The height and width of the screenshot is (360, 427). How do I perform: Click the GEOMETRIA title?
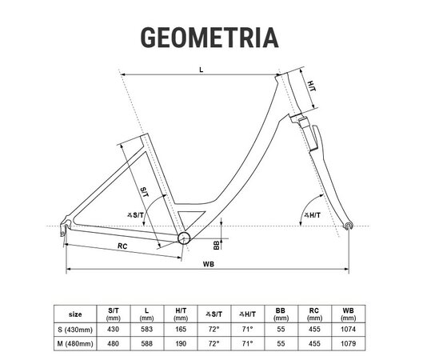coord(210,38)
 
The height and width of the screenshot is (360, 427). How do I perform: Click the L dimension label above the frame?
coord(202,70)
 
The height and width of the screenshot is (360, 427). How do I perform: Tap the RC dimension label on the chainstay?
coord(122,246)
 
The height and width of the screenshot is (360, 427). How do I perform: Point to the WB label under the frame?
coord(209,264)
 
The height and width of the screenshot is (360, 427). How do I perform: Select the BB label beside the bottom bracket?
coord(217,245)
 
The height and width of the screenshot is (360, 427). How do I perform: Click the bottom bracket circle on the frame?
coord(184,238)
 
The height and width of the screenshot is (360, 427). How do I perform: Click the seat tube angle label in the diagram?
coord(135,215)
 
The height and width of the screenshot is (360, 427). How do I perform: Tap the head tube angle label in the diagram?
coord(313,215)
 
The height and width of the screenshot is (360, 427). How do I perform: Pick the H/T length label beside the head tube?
coord(312,86)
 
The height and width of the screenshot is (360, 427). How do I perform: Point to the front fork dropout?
coord(348,226)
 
